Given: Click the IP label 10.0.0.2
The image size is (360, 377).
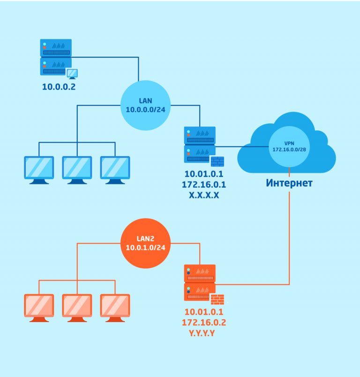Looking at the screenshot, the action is pyautogui.click(x=59, y=87).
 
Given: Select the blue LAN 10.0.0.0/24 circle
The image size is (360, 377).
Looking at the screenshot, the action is pyautogui.click(x=145, y=106).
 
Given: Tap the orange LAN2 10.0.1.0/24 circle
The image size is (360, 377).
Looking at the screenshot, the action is pyautogui.click(x=145, y=243).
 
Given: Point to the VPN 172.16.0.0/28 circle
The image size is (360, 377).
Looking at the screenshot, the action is pyautogui.click(x=289, y=146).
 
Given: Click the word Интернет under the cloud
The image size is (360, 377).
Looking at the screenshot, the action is pyautogui.click(x=289, y=183).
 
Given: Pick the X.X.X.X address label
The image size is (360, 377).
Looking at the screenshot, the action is pyautogui.click(x=204, y=195).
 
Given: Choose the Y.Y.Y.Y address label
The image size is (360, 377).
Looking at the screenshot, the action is pyautogui.click(x=202, y=333).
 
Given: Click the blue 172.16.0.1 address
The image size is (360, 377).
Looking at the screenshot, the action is pyautogui.click(x=204, y=184).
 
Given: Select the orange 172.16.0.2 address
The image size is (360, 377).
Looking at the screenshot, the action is pyautogui.click(x=204, y=323).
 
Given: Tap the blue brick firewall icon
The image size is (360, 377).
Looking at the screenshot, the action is pyautogui.click(x=217, y=161).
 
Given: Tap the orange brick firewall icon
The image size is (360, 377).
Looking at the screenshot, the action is pyautogui.click(x=217, y=299).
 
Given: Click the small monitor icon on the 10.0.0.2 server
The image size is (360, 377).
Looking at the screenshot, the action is pyautogui.click(x=72, y=74).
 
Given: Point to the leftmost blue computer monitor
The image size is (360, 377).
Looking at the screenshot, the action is pyautogui.click(x=39, y=170).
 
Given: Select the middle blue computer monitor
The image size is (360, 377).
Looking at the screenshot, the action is pyautogui.click(x=77, y=170).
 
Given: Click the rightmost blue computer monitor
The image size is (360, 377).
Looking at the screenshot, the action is pyautogui.click(x=115, y=170).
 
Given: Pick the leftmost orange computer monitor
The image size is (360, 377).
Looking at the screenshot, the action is pyautogui.click(x=39, y=308).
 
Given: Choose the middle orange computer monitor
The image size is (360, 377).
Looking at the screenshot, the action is pyautogui.click(x=77, y=308).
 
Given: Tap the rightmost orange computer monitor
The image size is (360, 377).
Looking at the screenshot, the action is pyautogui.click(x=115, y=308).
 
